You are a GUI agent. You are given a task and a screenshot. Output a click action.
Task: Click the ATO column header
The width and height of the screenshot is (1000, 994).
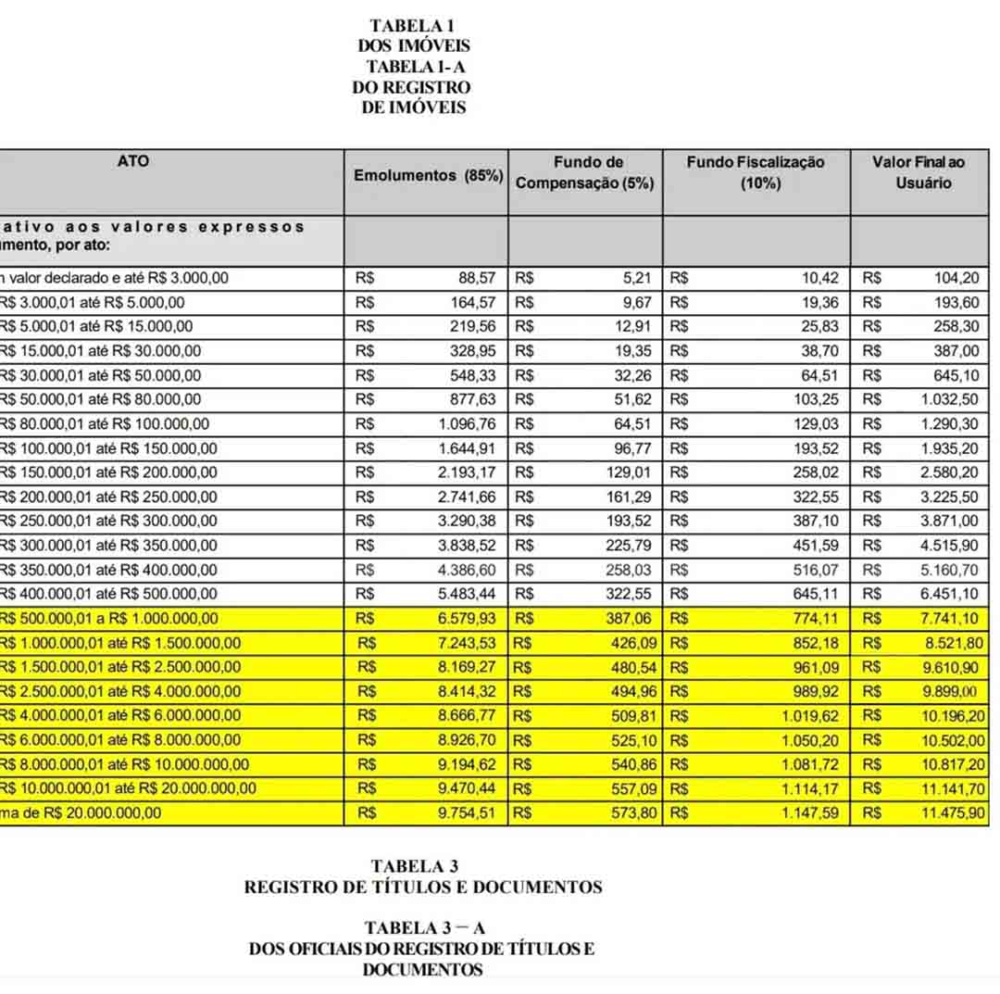point(133,161)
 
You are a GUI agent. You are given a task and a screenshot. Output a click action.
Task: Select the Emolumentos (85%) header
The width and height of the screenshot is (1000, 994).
point(428,175)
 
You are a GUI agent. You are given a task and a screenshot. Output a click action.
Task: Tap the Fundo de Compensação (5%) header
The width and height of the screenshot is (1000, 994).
point(584,172)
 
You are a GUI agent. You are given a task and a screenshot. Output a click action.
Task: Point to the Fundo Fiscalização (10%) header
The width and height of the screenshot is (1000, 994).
point(756,172)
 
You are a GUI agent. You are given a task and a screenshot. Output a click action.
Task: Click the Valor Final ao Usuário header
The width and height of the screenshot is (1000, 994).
point(919,172)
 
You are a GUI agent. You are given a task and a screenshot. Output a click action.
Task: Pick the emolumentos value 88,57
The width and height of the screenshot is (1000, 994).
point(479,278)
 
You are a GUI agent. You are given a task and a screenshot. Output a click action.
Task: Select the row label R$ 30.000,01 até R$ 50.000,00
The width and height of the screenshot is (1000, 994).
point(100,375)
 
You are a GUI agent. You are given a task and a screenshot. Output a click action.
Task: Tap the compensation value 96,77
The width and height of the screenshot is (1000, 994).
point(634,448)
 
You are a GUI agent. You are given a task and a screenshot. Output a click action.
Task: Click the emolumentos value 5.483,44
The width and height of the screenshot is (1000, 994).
point(467,594)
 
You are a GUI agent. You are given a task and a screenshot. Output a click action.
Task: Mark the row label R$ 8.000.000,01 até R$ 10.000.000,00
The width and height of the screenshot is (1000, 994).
point(124,764)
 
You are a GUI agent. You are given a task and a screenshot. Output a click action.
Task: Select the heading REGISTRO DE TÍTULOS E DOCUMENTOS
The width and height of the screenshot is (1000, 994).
point(423,887)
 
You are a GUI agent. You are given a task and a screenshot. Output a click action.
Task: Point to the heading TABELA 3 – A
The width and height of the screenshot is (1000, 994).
point(425,927)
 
